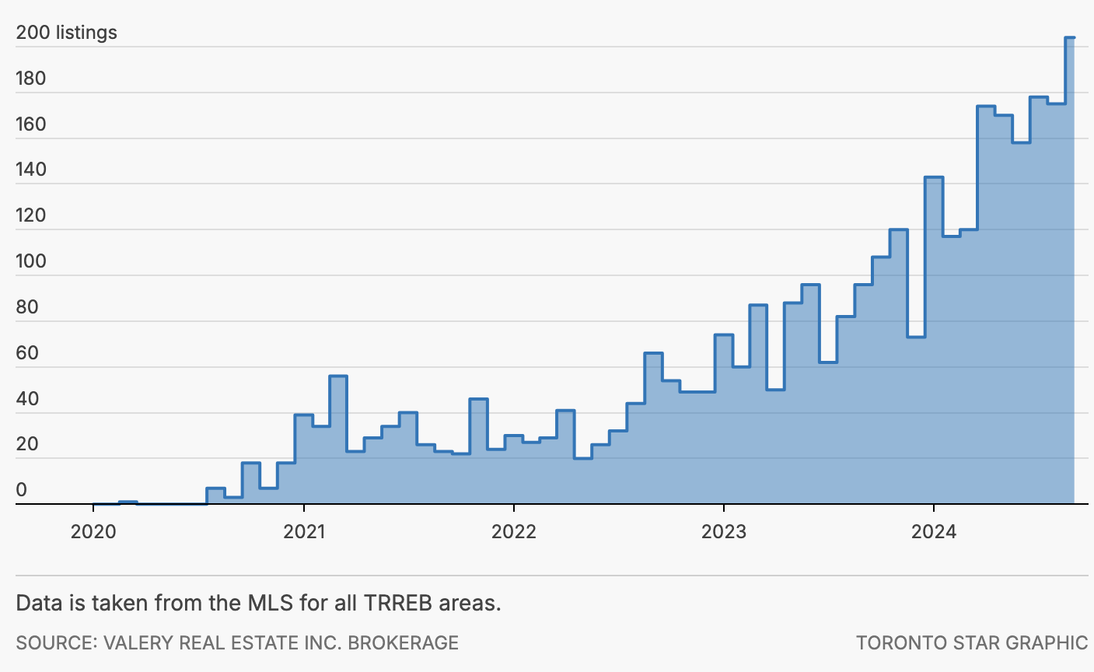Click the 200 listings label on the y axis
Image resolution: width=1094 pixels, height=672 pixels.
tap(67, 33)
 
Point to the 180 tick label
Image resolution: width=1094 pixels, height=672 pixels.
tap(31, 79)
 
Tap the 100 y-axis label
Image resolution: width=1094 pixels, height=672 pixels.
tap(31, 261)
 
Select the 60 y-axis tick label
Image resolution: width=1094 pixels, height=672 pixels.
tap(27, 353)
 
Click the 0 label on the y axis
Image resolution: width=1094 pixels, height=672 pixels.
tap(22, 490)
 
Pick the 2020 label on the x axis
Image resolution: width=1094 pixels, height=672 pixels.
tap(93, 532)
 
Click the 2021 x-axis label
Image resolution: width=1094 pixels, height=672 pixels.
tap(304, 532)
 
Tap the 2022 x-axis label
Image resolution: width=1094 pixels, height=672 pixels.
tap(514, 532)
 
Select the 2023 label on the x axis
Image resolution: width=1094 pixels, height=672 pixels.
tap(724, 532)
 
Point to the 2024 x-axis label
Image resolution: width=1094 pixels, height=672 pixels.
tap(934, 532)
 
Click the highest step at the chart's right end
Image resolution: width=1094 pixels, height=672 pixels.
tap(1070, 37)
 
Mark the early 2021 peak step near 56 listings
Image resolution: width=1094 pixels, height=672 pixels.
tap(338, 376)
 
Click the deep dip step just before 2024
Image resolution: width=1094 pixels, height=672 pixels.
tap(916, 337)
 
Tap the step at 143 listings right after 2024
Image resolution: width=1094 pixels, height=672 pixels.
tap(934, 178)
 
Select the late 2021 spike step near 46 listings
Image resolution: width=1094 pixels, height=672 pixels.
tap(478, 399)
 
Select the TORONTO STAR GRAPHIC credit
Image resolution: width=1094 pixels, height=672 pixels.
tap(972, 643)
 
